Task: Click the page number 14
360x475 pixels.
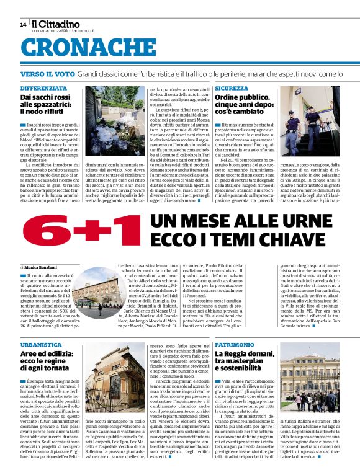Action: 23,25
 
